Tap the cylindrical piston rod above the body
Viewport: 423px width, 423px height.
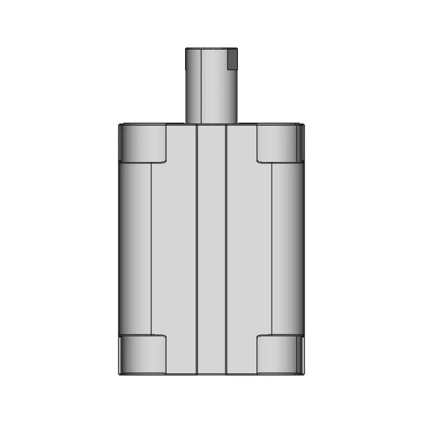coord(210,86)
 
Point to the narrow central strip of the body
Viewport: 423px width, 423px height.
coord(211,251)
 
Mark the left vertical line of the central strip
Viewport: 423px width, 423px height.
coord(197,251)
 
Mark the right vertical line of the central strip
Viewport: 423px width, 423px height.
coord(226,251)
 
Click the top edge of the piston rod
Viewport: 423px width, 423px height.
coord(210,48)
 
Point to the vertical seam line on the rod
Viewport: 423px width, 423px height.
coord(198,86)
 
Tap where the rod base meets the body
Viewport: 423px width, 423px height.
coord(210,124)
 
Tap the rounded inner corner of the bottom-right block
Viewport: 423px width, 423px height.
coord(259,337)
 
